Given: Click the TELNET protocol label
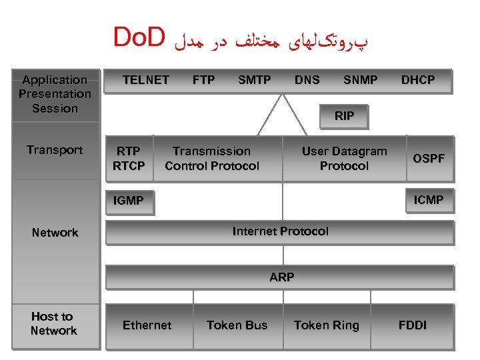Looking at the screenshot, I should [x=145, y=80].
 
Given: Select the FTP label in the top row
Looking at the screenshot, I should [x=203, y=80].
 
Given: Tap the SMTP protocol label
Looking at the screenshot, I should [x=255, y=80].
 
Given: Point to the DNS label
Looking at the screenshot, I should [x=307, y=80].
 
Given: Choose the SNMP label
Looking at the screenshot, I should [x=360, y=80].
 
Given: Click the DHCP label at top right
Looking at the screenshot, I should [x=418, y=80].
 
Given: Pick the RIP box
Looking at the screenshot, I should [x=344, y=116].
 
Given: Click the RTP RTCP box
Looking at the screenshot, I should [x=129, y=159].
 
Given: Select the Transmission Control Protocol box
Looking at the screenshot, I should [x=212, y=159].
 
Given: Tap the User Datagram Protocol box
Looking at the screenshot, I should [x=344, y=159].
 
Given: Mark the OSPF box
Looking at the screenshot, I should [x=429, y=159].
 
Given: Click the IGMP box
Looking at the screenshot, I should [x=129, y=201].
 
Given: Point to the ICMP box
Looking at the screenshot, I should [x=429, y=199].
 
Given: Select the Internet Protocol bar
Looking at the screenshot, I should [x=280, y=232].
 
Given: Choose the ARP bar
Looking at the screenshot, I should [x=281, y=277].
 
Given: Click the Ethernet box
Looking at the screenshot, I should [x=147, y=325].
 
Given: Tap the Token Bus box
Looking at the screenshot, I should [x=237, y=325].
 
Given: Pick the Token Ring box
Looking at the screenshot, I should [x=326, y=325].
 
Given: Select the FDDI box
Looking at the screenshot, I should [x=413, y=325].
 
